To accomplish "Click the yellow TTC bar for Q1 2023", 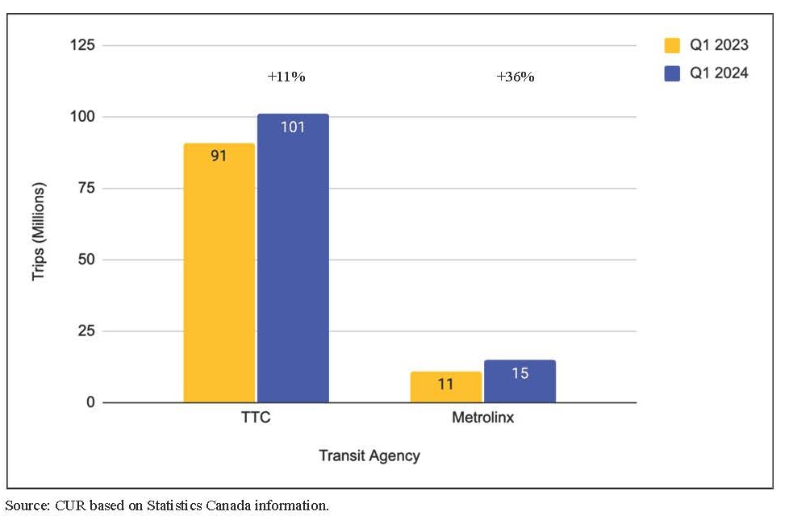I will click(x=219, y=274).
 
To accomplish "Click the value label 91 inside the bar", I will click(x=219, y=156).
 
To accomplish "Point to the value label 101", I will click(x=293, y=127).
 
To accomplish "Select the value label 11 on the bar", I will click(x=445, y=384).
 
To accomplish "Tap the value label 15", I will click(x=520, y=373).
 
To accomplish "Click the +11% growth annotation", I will click(x=286, y=77).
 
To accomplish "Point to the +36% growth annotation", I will click(x=515, y=77).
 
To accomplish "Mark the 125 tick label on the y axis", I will click(x=83, y=45).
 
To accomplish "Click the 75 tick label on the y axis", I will click(x=87, y=188).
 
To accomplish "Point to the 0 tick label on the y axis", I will click(x=91, y=402).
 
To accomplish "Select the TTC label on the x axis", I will click(x=256, y=419).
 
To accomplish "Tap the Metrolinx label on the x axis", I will click(x=482, y=419).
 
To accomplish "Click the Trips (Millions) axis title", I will click(x=39, y=231).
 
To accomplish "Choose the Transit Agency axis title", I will click(x=369, y=455).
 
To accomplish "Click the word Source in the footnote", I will click(x=26, y=506).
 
